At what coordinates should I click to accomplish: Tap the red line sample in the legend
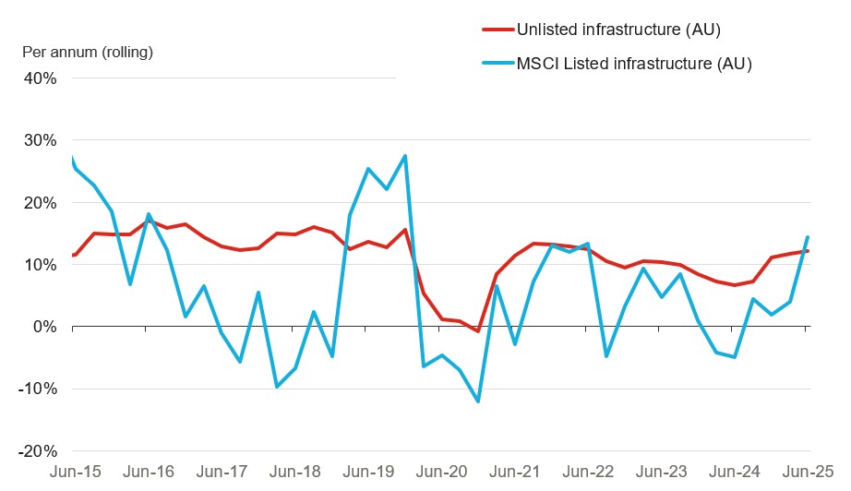click(499, 30)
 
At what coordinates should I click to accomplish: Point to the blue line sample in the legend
click(499, 64)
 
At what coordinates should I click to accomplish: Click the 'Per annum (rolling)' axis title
click(88, 52)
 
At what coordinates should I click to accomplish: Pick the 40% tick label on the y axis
click(40, 78)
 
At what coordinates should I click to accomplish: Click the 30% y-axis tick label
click(40, 141)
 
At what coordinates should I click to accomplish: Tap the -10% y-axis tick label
click(37, 389)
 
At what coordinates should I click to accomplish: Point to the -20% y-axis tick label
click(37, 451)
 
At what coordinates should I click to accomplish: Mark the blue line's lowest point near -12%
click(478, 401)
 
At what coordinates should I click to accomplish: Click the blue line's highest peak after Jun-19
click(405, 156)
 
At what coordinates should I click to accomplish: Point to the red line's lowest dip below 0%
click(478, 331)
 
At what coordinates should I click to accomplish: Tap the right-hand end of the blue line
click(809, 237)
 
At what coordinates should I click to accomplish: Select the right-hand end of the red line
click(809, 251)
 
